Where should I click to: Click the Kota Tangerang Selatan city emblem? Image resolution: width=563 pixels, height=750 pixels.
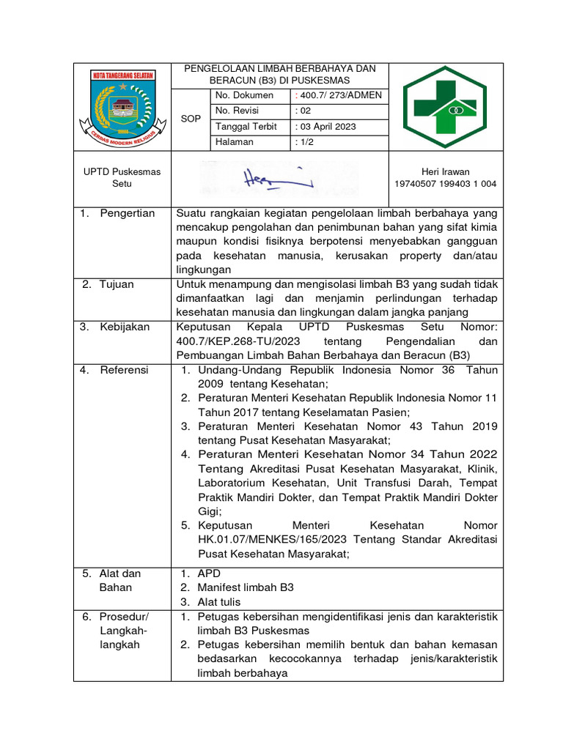point(122,107)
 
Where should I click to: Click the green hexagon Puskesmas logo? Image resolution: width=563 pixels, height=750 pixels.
point(446,107)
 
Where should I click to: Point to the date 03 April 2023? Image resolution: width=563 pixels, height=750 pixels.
point(326,126)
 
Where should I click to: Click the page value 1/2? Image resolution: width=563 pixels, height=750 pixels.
point(303,142)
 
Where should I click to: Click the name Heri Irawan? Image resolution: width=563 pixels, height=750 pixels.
point(446,171)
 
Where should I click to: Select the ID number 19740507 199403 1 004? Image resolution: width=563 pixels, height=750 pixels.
point(446,184)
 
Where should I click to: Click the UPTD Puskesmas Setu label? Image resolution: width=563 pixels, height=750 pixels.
point(122,177)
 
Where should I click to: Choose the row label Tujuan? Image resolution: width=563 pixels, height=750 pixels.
point(117,284)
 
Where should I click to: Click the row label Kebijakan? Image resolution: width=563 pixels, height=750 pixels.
point(124,327)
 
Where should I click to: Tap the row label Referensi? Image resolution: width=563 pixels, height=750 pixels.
point(124,370)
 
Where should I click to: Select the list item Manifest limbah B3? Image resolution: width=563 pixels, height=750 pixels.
point(245,587)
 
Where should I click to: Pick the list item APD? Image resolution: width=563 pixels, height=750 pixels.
point(209,573)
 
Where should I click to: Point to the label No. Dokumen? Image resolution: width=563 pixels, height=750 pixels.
point(244,95)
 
